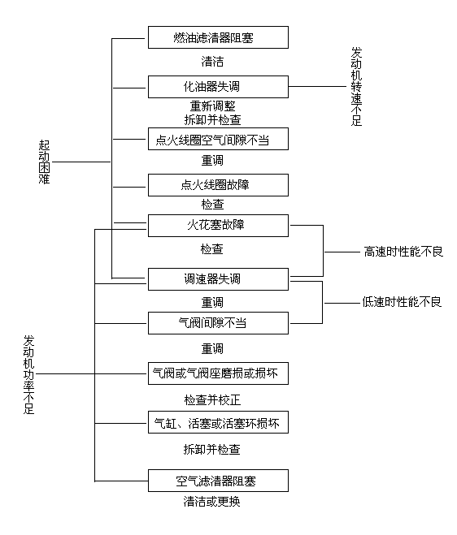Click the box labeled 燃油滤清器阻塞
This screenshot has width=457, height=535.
pos(218,37)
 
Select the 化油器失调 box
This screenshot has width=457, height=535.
pos(218,87)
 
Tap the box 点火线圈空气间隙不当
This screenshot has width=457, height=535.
pos(218,139)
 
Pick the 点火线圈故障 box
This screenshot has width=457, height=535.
pos(218,185)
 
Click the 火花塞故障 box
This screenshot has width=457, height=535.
pos(218,226)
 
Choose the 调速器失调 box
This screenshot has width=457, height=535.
pos(218,279)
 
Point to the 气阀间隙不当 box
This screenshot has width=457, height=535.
pos(218,323)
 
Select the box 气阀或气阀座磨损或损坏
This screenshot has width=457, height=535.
pos(218,373)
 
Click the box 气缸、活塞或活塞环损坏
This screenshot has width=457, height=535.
pos(218,422)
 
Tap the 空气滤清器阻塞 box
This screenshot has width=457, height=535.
pos(218,481)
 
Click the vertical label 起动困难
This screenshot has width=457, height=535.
pos(44,162)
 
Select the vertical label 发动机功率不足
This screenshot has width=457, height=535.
pos(28,374)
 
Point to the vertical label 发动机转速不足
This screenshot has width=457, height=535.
pos(356,87)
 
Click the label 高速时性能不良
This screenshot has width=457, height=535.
pos(403,252)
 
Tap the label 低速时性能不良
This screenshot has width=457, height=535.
pos(402,302)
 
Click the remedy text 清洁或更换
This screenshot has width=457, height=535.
pos(212,501)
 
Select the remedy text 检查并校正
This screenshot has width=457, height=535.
pos(212,399)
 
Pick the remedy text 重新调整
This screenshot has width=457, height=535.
pos(212,106)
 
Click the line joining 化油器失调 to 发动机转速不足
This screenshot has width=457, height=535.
pos(317,87)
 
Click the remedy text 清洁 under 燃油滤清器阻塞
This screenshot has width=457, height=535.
pos(212,62)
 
